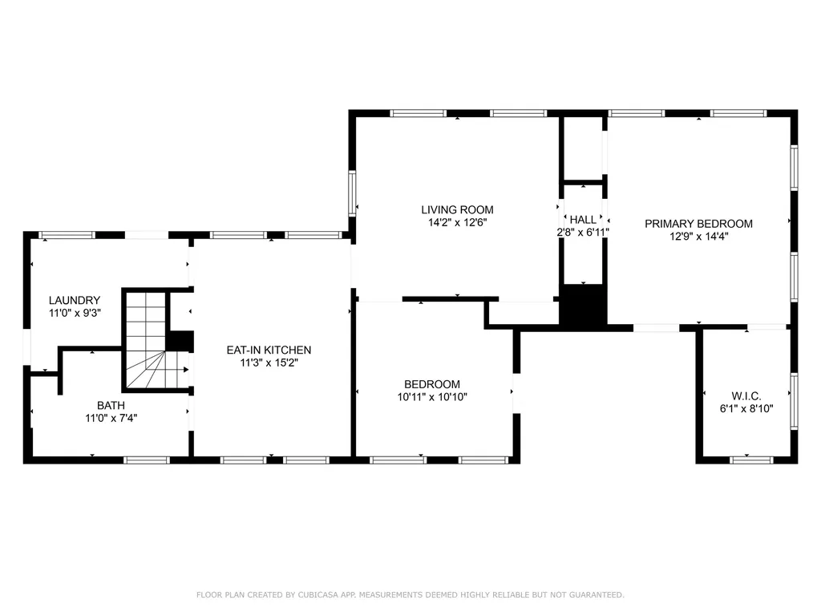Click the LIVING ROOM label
coord(457,209)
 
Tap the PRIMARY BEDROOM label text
coord(698,224)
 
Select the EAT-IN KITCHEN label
coord(269,350)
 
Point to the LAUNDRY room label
coord(75,300)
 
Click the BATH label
coord(111,405)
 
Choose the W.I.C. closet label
coord(746,396)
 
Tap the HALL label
coord(583,220)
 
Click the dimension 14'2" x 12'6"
coord(457,223)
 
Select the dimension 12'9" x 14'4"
coord(698,237)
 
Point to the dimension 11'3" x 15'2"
coord(269,363)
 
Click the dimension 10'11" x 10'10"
coord(432,397)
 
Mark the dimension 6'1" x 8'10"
coord(746,408)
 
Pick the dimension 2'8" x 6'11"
coord(583,232)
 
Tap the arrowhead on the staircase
coord(186,370)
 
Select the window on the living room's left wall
coord(353,192)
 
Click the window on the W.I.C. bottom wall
coord(751,460)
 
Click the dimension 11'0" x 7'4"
coord(111,418)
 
